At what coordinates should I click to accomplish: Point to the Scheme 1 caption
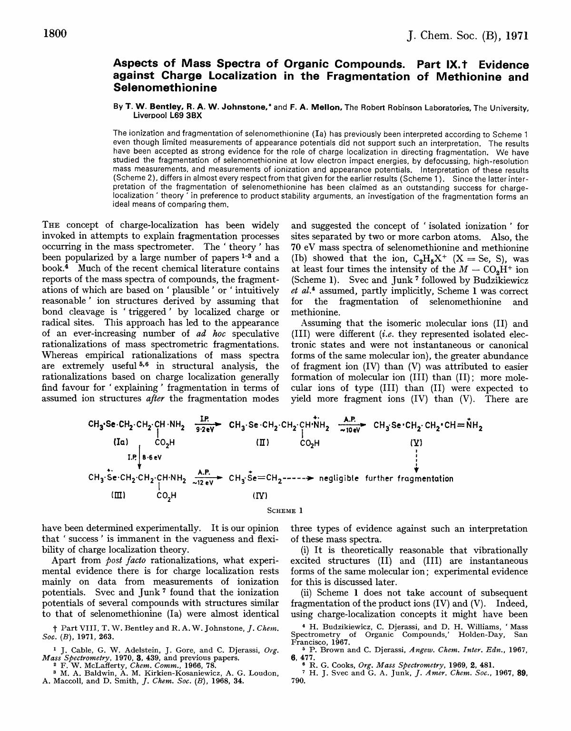[x=285, y=511]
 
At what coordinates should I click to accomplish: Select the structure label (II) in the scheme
[x=262, y=442]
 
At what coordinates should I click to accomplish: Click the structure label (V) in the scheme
[x=416, y=442]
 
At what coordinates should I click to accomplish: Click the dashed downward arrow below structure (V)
[x=416, y=460]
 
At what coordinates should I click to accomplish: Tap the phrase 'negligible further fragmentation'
[x=386, y=479]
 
